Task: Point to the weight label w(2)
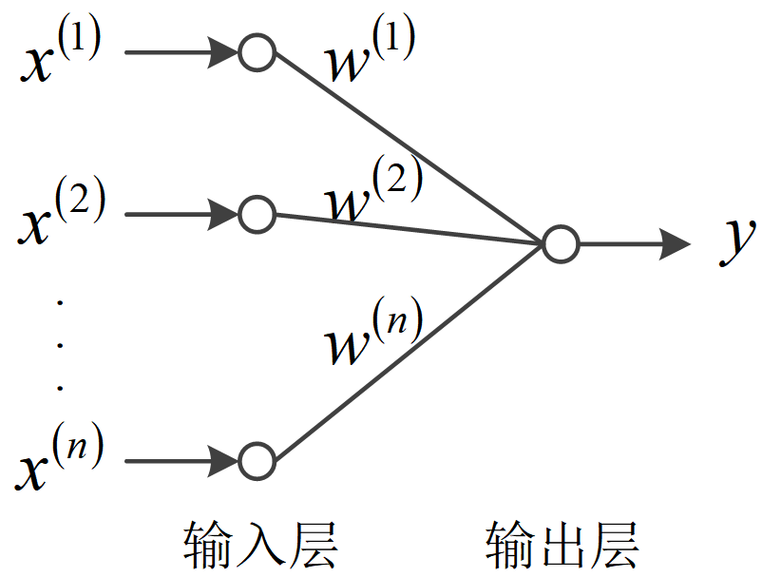pyautogui.click(x=371, y=190)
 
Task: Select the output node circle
pyautogui.click(x=561, y=244)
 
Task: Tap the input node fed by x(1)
pyautogui.click(x=257, y=52)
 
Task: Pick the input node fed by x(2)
pyautogui.click(x=257, y=215)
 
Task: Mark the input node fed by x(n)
pyautogui.click(x=257, y=462)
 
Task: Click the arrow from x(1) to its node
pyautogui.click(x=181, y=52)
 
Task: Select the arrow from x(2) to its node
pyautogui.click(x=181, y=215)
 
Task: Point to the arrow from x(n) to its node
pyautogui.click(x=181, y=462)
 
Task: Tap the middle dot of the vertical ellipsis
pyautogui.click(x=60, y=344)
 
